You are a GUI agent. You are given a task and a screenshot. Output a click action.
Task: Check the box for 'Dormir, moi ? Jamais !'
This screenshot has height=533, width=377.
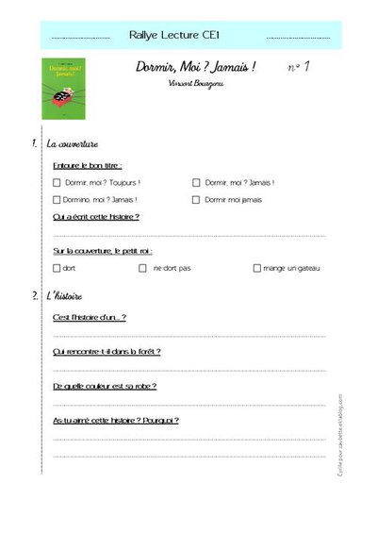(x=196, y=182)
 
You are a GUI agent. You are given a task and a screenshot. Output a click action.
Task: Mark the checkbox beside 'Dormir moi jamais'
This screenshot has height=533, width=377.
(x=196, y=200)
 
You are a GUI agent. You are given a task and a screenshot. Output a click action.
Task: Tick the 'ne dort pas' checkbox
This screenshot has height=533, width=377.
(x=142, y=268)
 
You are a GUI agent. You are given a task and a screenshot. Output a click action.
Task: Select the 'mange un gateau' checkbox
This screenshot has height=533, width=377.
(x=256, y=268)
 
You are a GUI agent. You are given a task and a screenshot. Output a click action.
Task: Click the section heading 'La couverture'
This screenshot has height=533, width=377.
(x=73, y=144)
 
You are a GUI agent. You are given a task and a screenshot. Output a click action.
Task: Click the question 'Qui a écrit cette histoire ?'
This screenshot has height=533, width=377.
(x=96, y=217)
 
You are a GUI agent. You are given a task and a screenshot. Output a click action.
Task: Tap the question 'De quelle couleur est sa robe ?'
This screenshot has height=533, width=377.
(x=105, y=386)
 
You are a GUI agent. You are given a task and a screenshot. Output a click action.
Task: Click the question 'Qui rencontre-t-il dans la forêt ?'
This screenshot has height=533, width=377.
(x=107, y=352)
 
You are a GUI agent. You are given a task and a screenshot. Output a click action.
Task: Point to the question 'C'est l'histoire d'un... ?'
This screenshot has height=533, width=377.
(x=90, y=317)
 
